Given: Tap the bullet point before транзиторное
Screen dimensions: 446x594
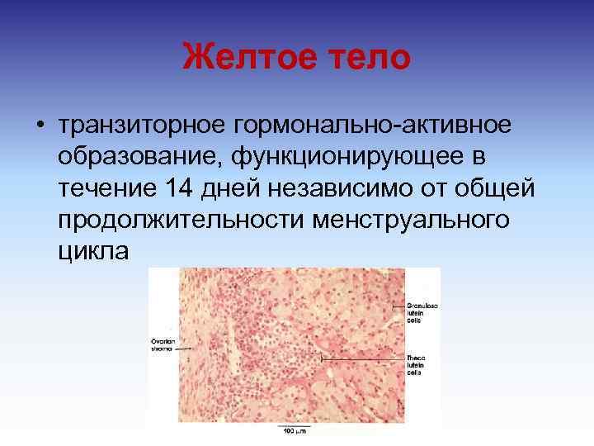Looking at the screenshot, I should tap(40, 126).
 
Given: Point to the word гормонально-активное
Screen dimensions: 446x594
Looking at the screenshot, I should tap(373, 125).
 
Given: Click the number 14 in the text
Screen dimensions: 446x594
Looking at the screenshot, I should tap(181, 188).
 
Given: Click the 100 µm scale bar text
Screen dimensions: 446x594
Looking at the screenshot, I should tap(295, 431).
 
